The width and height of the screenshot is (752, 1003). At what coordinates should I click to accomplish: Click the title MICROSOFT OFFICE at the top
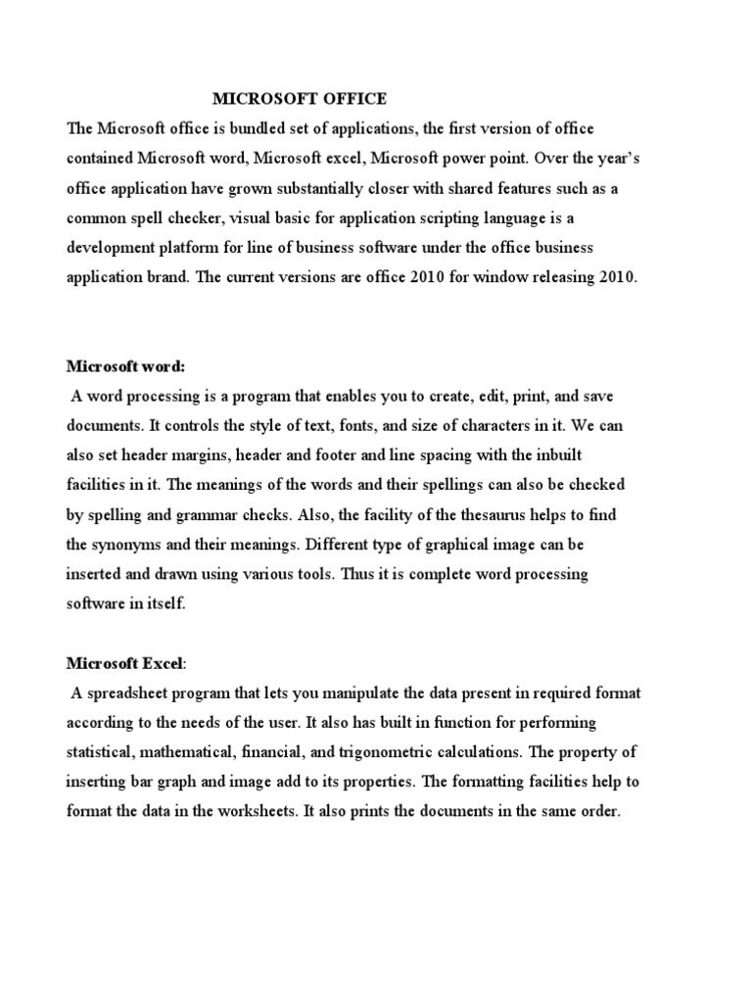point(301,99)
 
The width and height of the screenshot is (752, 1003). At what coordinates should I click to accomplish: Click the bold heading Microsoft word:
point(125,366)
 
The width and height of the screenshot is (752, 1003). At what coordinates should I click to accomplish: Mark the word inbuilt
point(586,455)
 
